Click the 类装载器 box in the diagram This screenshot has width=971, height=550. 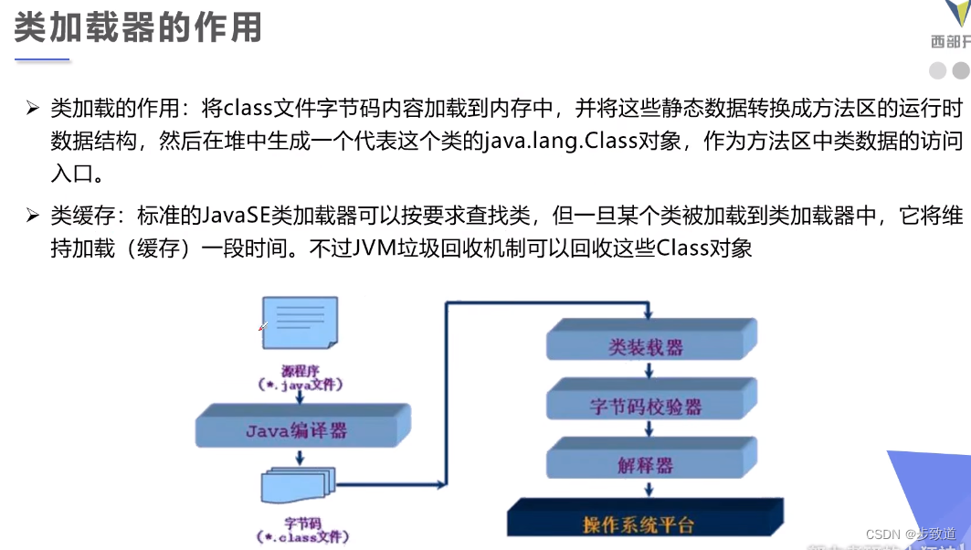coord(646,347)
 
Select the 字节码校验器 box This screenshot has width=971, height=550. coord(646,406)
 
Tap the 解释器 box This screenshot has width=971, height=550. coord(645,464)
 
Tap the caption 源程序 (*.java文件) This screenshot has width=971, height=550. coord(301,378)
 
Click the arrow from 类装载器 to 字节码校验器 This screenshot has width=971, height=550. coord(649,370)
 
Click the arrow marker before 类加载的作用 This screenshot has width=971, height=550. coord(33,109)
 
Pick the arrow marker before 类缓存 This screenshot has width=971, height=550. coord(33,217)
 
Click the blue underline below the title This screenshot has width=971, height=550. coord(42,59)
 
